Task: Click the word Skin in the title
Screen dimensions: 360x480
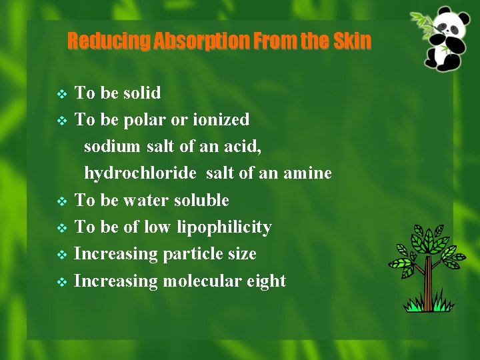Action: pyautogui.click(x=352, y=41)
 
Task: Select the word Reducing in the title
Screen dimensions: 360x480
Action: pyautogui.click(x=109, y=41)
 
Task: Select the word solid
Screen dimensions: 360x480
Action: pyautogui.click(x=141, y=93)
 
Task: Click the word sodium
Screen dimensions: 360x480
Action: pyautogui.click(x=112, y=147)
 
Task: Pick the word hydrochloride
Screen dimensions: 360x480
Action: pyautogui.click(x=140, y=173)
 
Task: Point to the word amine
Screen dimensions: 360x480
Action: pyautogui.click(x=307, y=173)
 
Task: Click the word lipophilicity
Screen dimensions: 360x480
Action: pyautogui.click(x=224, y=227)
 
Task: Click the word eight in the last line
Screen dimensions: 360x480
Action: pyautogui.click(x=267, y=281)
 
